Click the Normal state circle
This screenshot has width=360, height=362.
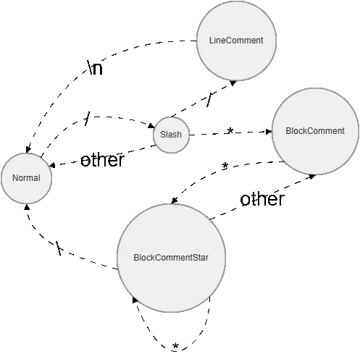[x=26, y=178]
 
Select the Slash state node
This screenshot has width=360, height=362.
[x=171, y=135]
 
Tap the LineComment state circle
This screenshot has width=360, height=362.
[x=236, y=41]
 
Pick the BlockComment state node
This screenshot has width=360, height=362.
[x=315, y=131]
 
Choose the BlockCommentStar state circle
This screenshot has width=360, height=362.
[x=171, y=258]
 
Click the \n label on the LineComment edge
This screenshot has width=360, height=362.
[x=95, y=67]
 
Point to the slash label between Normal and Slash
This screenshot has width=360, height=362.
[x=87, y=119]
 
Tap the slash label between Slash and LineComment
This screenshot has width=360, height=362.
[x=209, y=100]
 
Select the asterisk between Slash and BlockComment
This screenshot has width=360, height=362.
[x=230, y=131]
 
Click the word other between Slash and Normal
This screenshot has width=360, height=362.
[x=102, y=160]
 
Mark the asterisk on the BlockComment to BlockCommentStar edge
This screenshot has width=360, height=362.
[x=225, y=166]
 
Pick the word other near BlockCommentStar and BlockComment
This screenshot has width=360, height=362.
[x=262, y=199]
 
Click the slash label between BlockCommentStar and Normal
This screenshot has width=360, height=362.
[x=59, y=248]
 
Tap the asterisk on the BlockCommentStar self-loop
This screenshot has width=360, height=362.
[x=175, y=346]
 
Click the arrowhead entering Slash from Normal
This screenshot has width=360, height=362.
[x=151, y=125]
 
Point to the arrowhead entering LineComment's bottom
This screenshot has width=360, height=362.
[x=233, y=83]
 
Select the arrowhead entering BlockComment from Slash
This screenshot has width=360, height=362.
[x=269, y=132]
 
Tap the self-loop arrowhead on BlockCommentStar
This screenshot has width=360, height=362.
[x=135, y=300]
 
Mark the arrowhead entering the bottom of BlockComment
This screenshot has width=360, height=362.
[x=312, y=177]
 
